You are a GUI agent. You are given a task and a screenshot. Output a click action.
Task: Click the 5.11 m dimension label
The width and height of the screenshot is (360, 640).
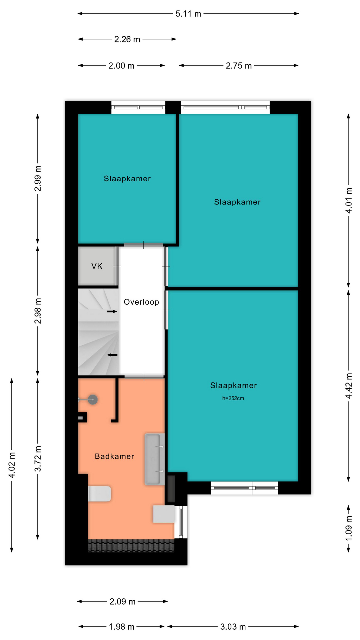click(x=188, y=14)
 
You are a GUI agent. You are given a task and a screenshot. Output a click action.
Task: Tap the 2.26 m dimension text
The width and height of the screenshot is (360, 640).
click(x=127, y=39)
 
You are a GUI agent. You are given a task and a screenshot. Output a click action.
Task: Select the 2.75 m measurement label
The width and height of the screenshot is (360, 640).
click(x=239, y=66)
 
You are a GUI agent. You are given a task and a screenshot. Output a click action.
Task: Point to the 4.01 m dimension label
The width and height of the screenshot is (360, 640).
click(x=349, y=200)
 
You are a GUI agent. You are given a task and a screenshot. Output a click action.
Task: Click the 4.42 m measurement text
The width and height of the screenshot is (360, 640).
click(x=349, y=386)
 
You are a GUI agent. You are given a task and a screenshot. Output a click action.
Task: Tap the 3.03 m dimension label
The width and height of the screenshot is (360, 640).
click(x=233, y=627)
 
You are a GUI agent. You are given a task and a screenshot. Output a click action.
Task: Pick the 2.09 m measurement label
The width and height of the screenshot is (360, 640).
click(x=122, y=601)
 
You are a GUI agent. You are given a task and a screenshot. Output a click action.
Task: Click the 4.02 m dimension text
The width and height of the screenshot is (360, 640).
click(x=12, y=465)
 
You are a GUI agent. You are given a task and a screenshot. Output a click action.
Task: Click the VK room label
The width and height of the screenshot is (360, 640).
click(x=97, y=266)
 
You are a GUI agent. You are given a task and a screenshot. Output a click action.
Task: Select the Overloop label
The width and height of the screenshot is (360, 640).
click(x=141, y=302)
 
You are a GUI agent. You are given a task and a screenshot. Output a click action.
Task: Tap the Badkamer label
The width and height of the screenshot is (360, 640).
click(x=114, y=456)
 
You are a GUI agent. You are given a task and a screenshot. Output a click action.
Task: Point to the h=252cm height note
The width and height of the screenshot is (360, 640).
click(x=233, y=398)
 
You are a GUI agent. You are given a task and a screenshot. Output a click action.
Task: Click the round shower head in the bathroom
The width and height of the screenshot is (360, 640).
click(x=92, y=399)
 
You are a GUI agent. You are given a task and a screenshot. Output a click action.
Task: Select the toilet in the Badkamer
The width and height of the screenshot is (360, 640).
click(x=99, y=494)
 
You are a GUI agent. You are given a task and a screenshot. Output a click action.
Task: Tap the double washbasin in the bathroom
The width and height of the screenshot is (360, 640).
click(x=154, y=459)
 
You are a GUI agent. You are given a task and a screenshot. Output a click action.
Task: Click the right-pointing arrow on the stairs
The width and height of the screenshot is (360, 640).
click(x=112, y=311)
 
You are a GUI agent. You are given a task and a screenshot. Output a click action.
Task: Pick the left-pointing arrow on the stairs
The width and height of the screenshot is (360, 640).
click(x=112, y=355)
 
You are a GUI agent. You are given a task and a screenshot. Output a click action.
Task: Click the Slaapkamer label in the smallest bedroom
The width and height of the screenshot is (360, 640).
click(x=127, y=179)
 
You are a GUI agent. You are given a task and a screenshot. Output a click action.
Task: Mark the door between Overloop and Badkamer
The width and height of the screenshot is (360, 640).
click(x=144, y=377)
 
